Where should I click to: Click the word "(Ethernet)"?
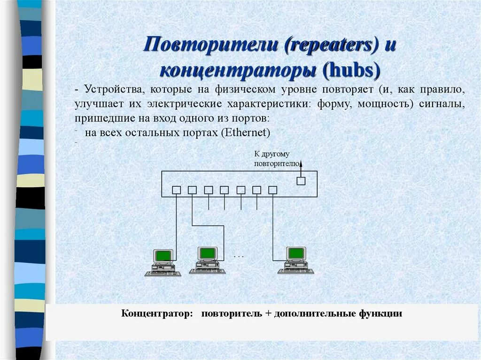click(x=245, y=132)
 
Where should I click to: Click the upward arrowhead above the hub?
click(x=302, y=162)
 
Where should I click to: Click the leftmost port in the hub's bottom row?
click(x=177, y=190)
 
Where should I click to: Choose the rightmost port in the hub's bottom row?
click(x=272, y=190)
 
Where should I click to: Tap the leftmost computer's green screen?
click(x=163, y=255)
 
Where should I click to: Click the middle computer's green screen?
click(x=207, y=253)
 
